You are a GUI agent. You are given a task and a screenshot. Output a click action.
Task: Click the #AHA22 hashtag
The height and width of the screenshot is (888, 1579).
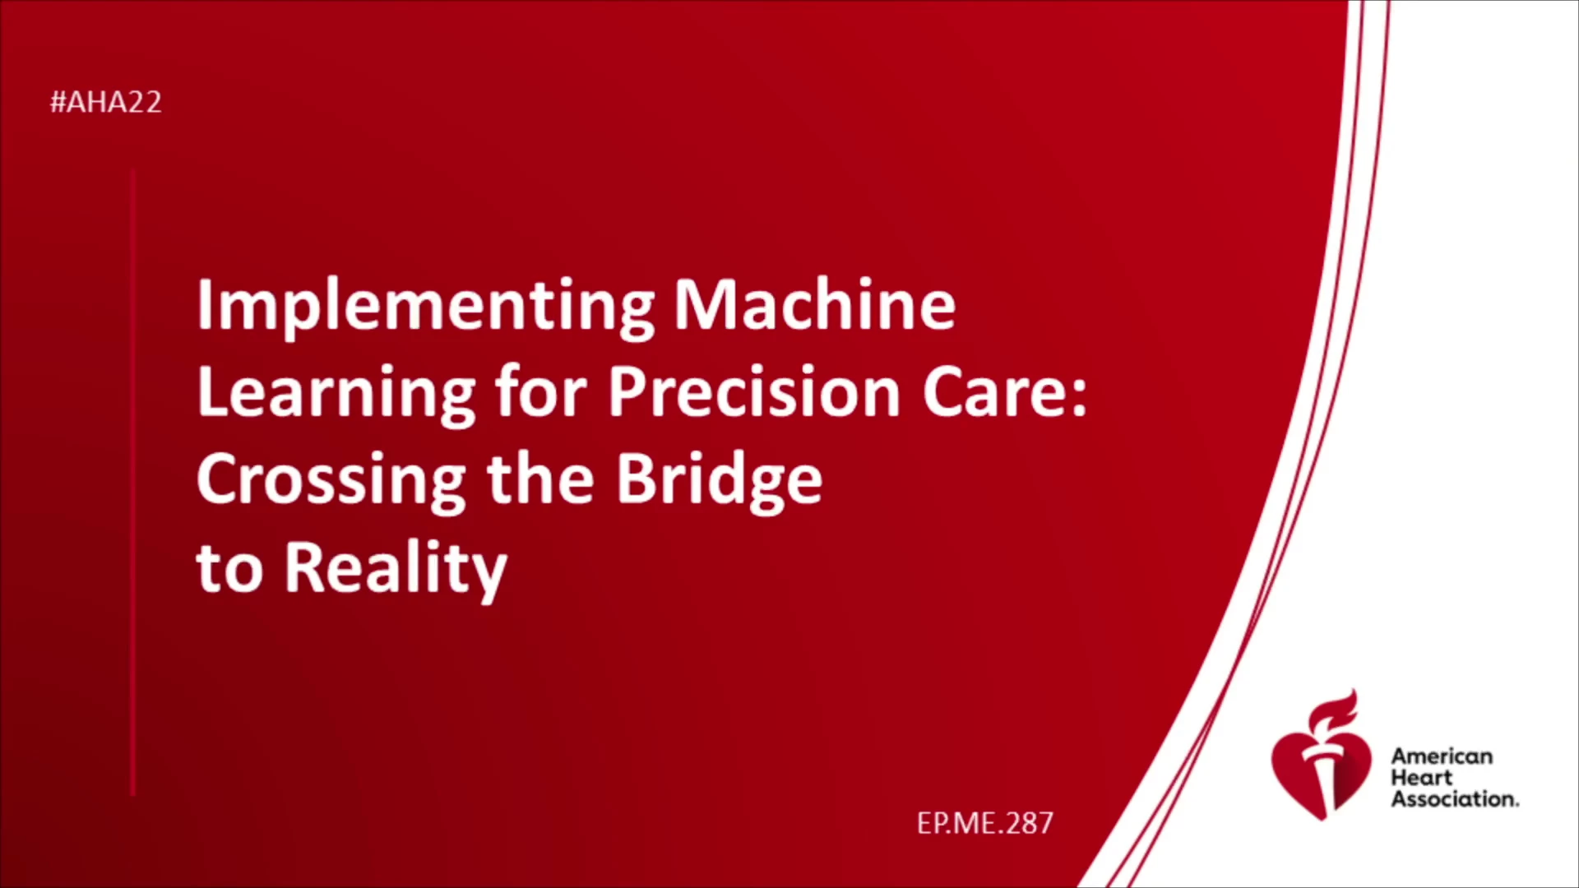click(106, 102)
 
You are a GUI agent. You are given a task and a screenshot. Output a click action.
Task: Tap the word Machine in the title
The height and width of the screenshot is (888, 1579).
click(815, 304)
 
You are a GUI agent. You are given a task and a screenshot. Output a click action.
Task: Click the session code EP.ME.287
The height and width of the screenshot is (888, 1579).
click(985, 823)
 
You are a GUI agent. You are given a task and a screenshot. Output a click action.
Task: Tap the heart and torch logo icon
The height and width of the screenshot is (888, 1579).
click(1322, 756)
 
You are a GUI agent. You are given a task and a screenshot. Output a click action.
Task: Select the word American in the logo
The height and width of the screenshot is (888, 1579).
click(1442, 756)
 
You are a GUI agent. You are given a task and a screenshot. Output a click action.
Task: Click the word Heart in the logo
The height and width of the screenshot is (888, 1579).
click(1422, 778)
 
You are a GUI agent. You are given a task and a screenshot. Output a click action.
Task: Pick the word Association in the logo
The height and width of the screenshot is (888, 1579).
click(1455, 799)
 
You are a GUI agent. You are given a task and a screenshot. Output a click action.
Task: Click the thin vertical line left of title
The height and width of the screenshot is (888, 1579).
click(132, 483)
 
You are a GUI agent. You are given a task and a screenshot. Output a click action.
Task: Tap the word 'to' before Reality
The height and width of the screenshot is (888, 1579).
click(229, 568)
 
